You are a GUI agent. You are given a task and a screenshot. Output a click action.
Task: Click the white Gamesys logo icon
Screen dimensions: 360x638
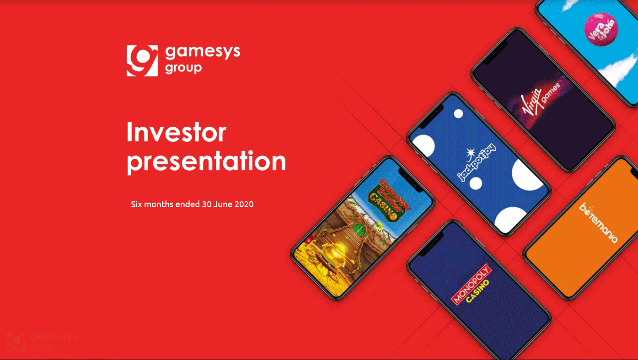pyautogui.click(x=142, y=60)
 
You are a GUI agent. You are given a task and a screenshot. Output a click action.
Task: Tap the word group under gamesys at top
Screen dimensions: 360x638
pyautogui.click(x=183, y=68)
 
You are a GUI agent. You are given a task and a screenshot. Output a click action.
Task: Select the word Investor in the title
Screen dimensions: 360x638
pyautogui.click(x=176, y=132)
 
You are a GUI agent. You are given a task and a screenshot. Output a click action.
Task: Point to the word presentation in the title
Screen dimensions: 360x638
pyautogui.click(x=206, y=161)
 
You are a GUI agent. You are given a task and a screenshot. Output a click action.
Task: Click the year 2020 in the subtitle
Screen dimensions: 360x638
pyautogui.click(x=244, y=204)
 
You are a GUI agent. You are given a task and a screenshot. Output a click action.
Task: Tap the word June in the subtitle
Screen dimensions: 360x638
pyautogui.click(x=223, y=204)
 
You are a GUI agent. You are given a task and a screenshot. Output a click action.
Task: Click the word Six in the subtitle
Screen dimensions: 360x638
pyautogui.click(x=137, y=204)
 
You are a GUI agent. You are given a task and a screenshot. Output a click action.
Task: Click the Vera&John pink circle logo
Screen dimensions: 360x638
pyautogui.click(x=600, y=28)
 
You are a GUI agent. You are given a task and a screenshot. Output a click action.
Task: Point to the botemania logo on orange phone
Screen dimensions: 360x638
pyautogui.click(x=598, y=223)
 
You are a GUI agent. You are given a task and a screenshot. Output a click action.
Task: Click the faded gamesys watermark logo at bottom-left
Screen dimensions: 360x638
pyautogui.click(x=41, y=341)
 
